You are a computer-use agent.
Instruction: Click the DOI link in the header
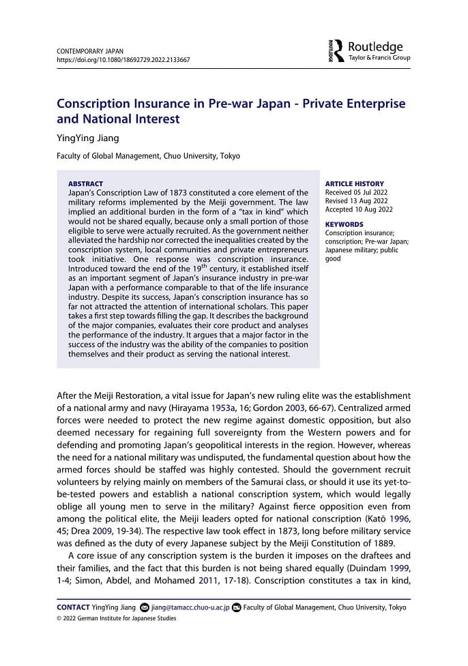click(123, 60)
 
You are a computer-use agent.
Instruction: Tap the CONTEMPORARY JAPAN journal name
click(89, 51)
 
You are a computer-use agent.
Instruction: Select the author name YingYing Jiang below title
click(87, 138)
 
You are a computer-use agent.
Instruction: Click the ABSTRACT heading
click(86, 183)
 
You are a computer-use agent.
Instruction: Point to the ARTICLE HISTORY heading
click(354, 184)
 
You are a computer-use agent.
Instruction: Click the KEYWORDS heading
click(345, 224)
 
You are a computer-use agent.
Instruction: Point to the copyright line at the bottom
click(116, 618)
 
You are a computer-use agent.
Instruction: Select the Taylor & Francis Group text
click(379, 58)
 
